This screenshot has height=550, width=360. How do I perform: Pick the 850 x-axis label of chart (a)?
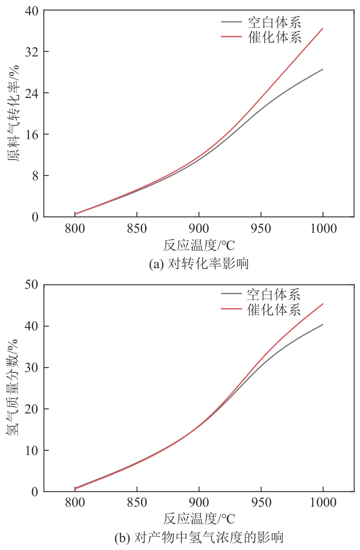pos(137,229)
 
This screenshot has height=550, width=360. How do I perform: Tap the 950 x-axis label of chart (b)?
pos(261,504)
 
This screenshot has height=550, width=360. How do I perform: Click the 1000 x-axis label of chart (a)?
pos(323,229)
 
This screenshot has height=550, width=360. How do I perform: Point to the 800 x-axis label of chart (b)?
pos(75,504)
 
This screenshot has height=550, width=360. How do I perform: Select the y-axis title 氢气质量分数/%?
pos(14,389)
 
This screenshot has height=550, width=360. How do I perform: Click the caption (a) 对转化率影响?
pos(199,264)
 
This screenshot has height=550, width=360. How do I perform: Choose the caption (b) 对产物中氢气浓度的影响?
pos(199,538)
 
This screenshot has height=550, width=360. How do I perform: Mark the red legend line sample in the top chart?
pos(231,37)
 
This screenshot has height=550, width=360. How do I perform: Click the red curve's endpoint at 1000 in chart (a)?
pos(323,28)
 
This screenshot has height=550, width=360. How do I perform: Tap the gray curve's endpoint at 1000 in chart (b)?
pos(323,325)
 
